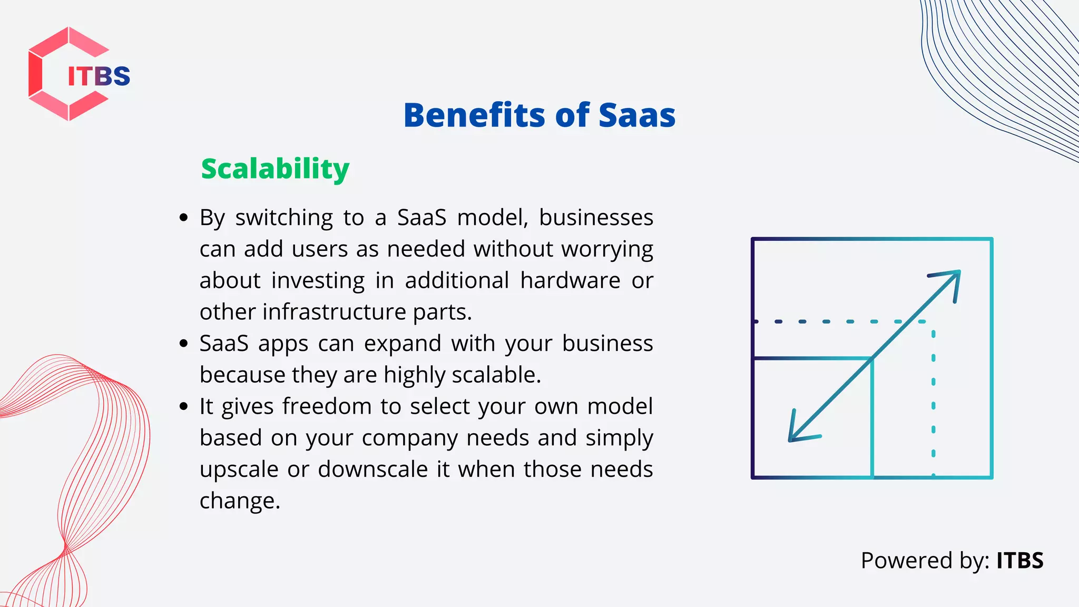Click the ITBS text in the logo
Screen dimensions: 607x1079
99,76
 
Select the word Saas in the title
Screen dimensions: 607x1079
636,115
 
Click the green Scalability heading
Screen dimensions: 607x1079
275,169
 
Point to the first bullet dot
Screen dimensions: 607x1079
183,218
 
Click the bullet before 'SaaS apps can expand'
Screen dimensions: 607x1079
183,344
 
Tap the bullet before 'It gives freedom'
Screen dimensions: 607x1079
183,406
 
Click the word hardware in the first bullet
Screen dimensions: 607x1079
570,280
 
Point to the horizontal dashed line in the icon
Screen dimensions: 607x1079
838,321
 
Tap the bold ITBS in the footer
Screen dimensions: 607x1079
1019,561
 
